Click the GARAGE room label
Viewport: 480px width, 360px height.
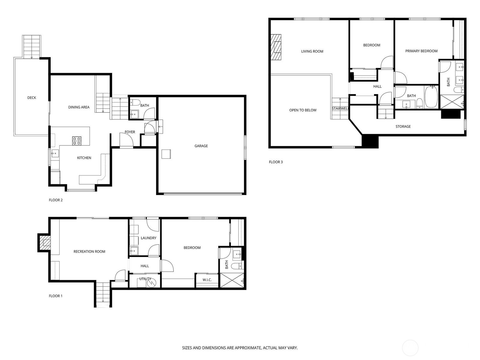click(x=201, y=146)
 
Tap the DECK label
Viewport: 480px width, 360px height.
click(x=32, y=98)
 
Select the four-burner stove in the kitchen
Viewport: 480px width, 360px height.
click(x=77, y=141)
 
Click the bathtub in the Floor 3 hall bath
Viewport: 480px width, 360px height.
click(x=431, y=97)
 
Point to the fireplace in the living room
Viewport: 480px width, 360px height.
click(x=276, y=47)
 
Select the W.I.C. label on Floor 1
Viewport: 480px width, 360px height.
click(x=207, y=280)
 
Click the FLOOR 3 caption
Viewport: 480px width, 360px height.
click(x=276, y=162)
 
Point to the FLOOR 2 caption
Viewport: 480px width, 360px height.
click(x=55, y=200)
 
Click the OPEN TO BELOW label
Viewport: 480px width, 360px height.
click(x=303, y=110)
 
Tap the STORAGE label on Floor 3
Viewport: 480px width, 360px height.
click(x=403, y=127)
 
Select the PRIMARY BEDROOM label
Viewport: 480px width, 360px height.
click(x=421, y=51)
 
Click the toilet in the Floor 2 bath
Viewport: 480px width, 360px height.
click(x=135, y=102)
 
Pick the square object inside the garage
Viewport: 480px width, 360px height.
click(x=166, y=154)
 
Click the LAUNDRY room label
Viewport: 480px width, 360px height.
click(x=148, y=238)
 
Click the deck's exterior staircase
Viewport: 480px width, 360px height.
click(x=32, y=46)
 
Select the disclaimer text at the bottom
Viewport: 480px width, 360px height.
click(x=240, y=348)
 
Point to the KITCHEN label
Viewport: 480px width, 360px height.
click(x=84, y=158)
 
